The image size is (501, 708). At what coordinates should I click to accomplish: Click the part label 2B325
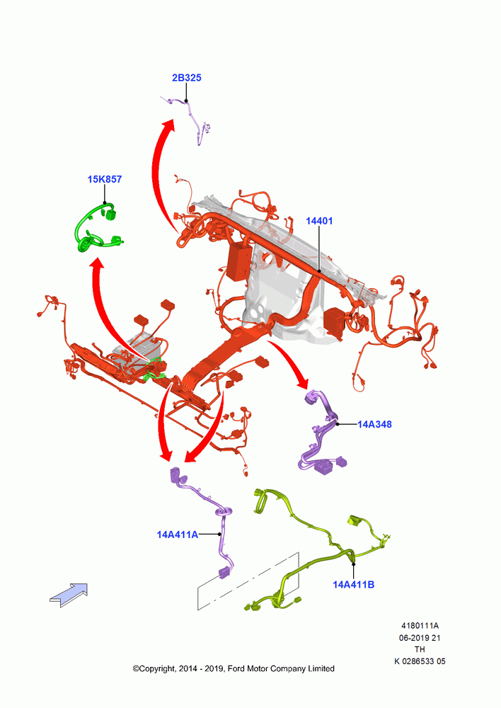(x=186, y=78)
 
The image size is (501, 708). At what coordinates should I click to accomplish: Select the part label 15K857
(x=104, y=179)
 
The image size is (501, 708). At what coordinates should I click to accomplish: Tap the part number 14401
(x=319, y=221)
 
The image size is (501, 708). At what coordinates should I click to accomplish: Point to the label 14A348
(x=374, y=424)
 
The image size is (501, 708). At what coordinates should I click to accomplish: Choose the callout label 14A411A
(x=178, y=535)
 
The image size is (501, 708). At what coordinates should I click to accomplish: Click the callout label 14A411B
(x=353, y=584)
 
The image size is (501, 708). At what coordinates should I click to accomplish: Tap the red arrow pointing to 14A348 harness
(x=289, y=363)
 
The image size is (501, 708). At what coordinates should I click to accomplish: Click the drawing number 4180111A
(x=420, y=626)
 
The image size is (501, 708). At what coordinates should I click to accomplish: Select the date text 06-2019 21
(x=420, y=638)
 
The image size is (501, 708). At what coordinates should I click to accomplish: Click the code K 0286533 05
(x=420, y=661)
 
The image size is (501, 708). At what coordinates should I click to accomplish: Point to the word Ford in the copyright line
(x=236, y=669)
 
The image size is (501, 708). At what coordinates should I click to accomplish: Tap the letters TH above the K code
(x=420, y=650)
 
